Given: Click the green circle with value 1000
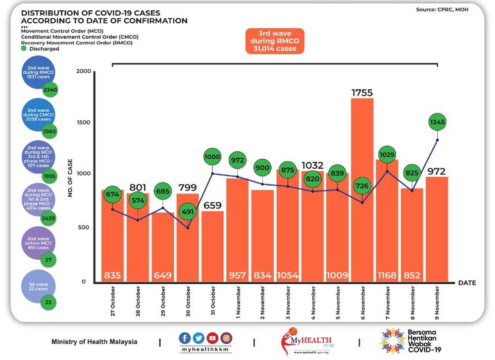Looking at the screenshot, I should point(213,157).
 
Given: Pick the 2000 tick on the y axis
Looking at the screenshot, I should point(84,72).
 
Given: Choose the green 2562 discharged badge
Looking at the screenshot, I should point(49,132).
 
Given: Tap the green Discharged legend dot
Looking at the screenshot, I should point(23,48).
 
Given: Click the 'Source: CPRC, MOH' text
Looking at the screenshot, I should point(442,9).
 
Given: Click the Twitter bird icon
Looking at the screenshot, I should point(198,338).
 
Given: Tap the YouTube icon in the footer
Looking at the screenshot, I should point(212,338).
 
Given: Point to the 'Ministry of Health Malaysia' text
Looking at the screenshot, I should point(95,342).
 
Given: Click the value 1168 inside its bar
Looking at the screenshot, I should point(387,275).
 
